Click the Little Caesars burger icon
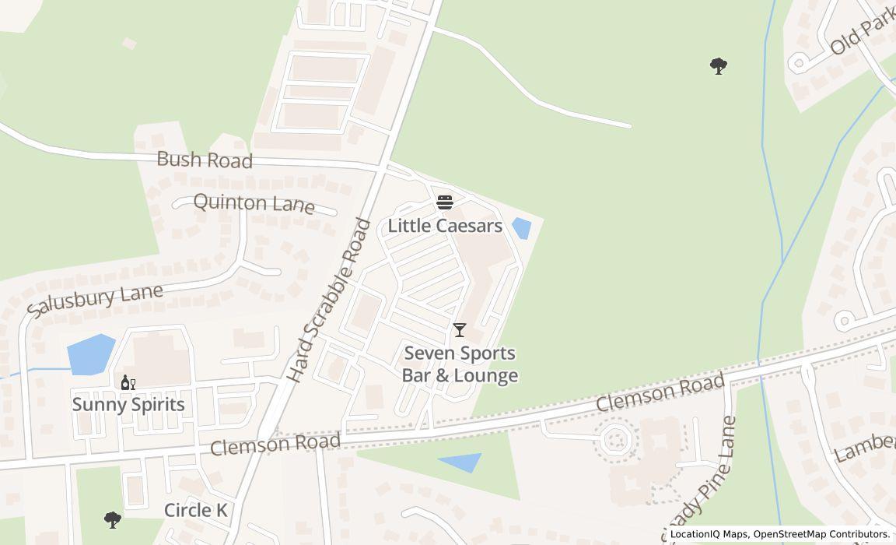445,203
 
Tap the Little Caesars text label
445,227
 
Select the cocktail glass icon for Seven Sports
460,330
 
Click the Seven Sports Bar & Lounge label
460,364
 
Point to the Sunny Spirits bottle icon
128,382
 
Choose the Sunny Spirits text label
128,405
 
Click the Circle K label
196,511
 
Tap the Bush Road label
205,160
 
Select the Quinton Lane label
254,204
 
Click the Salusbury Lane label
95,301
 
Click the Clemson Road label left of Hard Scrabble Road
275,445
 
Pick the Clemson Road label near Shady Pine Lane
660,393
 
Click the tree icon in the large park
719,66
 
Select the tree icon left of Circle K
113,519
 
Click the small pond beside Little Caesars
521,228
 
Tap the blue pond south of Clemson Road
461,462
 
